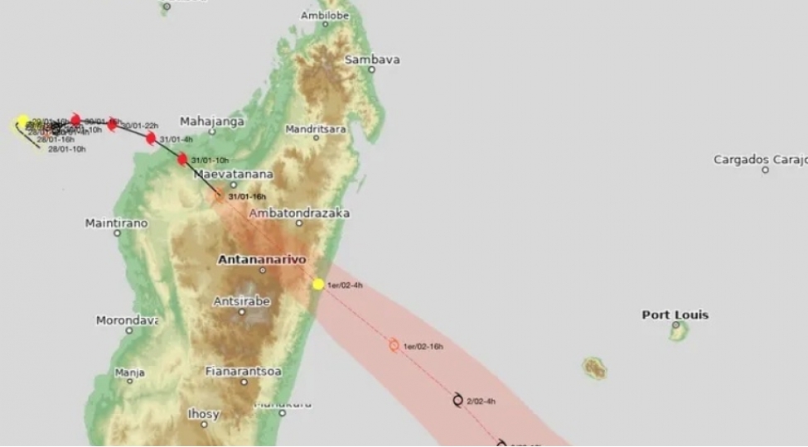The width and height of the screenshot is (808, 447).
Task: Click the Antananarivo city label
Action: (261, 259)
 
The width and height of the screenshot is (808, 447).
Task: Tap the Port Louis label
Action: (675, 315)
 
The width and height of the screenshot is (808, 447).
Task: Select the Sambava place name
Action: (372, 60)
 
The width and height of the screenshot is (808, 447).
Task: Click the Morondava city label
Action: (127, 320)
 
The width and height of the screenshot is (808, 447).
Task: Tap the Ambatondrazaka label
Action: (299, 213)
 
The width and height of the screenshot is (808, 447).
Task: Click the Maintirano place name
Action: (117, 223)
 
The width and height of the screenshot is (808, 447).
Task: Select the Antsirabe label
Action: (242, 301)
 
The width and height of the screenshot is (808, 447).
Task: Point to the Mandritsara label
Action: (315, 129)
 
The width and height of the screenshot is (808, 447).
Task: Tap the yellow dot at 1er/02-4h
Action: (318, 284)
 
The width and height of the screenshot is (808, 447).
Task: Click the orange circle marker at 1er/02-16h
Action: (394, 345)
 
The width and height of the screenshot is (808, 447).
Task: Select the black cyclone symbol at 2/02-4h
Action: (458, 400)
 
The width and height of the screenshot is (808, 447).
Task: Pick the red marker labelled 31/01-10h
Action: (182, 159)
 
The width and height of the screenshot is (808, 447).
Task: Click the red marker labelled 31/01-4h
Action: (151, 138)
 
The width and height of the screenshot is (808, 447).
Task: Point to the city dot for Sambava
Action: (371, 70)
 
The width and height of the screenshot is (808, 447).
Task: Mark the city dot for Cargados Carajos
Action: (765, 170)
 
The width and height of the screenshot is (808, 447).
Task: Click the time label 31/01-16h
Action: (247, 196)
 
